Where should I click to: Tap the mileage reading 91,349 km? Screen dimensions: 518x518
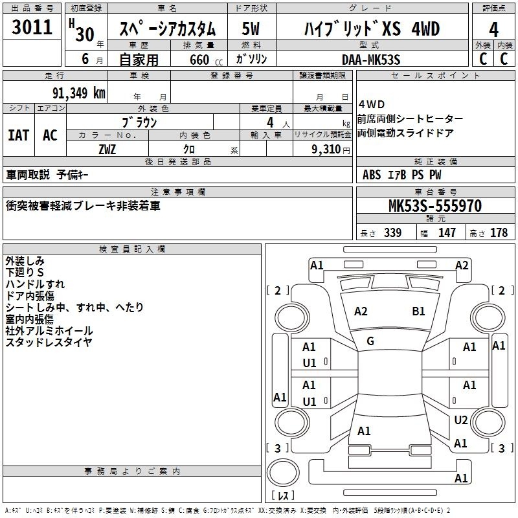[78, 93]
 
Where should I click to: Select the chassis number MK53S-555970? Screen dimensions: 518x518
[434, 207]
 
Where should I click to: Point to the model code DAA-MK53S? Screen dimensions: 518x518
[371, 60]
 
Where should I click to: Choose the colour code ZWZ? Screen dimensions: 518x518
[107, 149]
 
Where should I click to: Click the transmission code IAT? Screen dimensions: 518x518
[18, 135]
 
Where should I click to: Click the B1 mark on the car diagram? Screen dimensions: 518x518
[418, 311]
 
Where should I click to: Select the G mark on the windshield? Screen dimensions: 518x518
[370, 341]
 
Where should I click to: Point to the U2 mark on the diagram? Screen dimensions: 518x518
[460, 420]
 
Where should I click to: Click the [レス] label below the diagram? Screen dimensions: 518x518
[283, 496]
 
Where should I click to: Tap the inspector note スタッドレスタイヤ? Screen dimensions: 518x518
[49, 342]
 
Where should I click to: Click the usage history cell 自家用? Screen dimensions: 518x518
[139, 60]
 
